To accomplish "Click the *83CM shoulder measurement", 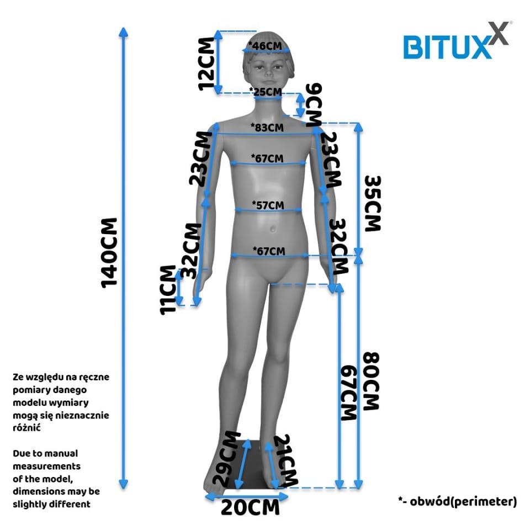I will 267,128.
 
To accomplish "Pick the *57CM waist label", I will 268,205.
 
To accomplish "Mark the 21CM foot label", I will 286,460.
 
